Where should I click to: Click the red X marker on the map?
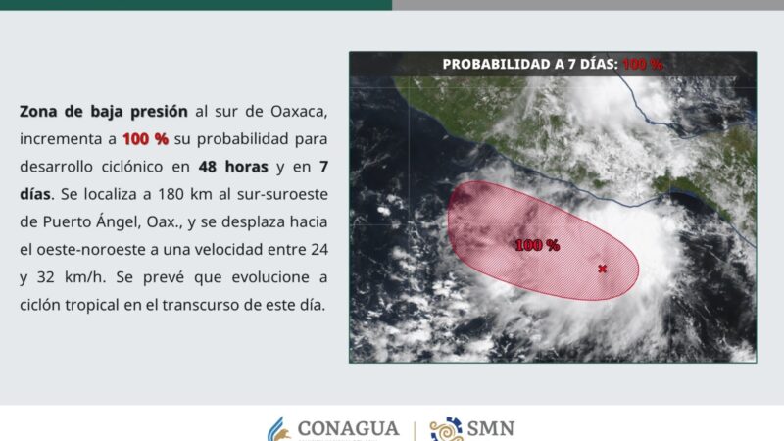click(602, 269)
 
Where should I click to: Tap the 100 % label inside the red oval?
click(537, 245)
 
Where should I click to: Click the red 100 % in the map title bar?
click(643, 64)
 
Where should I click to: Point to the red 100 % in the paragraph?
click(146, 138)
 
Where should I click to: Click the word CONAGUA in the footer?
click(348, 429)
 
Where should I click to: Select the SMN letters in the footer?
click(491, 429)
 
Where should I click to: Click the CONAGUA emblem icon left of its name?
click(279, 429)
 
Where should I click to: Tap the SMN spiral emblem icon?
click(446, 429)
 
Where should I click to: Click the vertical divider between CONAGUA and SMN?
click(414, 429)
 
